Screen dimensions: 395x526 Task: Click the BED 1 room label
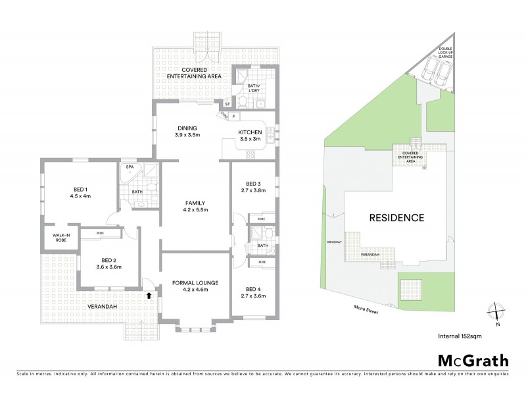pos(79,192)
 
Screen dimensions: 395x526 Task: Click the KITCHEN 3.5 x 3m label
pos(250,135)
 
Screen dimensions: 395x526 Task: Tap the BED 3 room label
pos(254,188)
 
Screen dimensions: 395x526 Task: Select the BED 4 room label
pos(254,292)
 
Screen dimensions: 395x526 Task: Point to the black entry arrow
pos(149,296)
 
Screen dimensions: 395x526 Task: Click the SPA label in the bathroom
pos(130,167)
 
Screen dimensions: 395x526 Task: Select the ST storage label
pos(227,104)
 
